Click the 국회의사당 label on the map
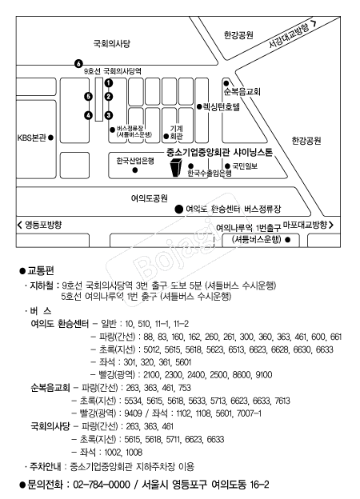(112, 43)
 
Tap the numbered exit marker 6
(78, 64)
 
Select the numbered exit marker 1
(109, 82)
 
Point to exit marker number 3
(109, 115)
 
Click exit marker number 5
(89, 97)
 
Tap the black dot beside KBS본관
(50, 138)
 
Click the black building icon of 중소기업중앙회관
(176, 167)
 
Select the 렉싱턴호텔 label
(222, 106)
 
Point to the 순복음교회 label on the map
(242, 92)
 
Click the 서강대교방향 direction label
(289, 35)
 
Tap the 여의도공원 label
(150, 198)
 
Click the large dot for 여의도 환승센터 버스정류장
(179, 209)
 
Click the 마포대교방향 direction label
(305, 225)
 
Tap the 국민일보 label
(245, 166)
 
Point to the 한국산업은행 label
(135, 161)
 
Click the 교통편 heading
(41, 270)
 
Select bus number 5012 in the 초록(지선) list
(151, 349)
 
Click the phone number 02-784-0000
(102, 485)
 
